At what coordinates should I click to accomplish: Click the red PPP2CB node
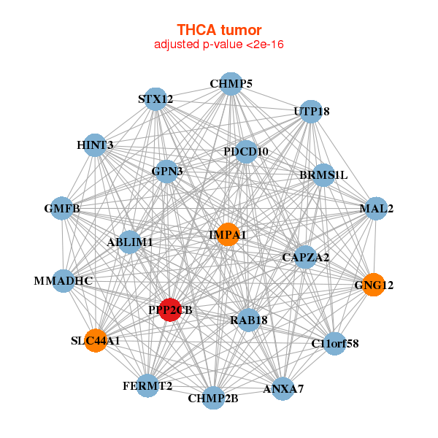click(x=170, y=310)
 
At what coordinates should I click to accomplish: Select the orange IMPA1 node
click(x=228, y=234)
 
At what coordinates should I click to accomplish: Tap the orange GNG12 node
click(x=373, y=285)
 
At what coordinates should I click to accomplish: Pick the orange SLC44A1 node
click(x=96, y=340)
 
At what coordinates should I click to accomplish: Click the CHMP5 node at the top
click(x=231, y=83)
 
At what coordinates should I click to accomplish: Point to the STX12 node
click(x=155, y=99)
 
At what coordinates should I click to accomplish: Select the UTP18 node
click(x=312, y=112)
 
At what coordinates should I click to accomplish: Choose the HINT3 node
click(x=95, y=145)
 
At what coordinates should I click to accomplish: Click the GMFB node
click(x=63, y=210)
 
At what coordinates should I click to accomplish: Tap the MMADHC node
click(x=64, y=280)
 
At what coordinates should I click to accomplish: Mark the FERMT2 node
click(x=147, y=385)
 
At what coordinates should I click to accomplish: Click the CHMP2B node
click(x=213, y=398)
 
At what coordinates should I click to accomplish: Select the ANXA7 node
click(x=283, y=388)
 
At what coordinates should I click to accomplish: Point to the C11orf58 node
click(x=334, y=343)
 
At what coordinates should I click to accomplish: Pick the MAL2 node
click(x=376, y=209)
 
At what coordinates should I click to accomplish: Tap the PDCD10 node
click(x=246, y=152)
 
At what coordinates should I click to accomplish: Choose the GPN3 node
click(x=167, y=172)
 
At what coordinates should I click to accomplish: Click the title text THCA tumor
click(x=219, y=30)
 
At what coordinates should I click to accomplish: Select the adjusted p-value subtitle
click(x=219, y=45)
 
